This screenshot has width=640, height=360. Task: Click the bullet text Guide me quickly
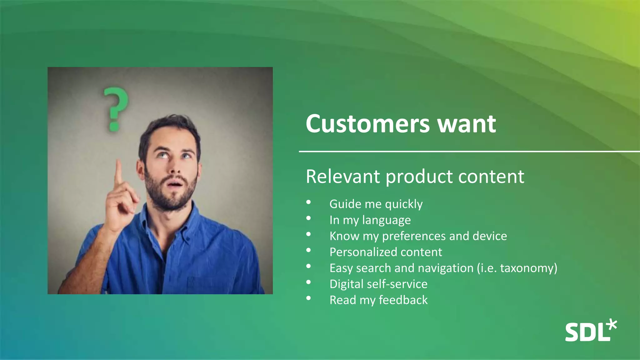(376, 204)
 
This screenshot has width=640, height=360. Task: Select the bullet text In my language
(370, 220)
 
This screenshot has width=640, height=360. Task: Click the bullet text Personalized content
(386, 252)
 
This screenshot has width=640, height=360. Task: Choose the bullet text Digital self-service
(378, 284)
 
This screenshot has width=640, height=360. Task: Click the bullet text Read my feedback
(378, 300)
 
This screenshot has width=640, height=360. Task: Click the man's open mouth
(176, 184)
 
